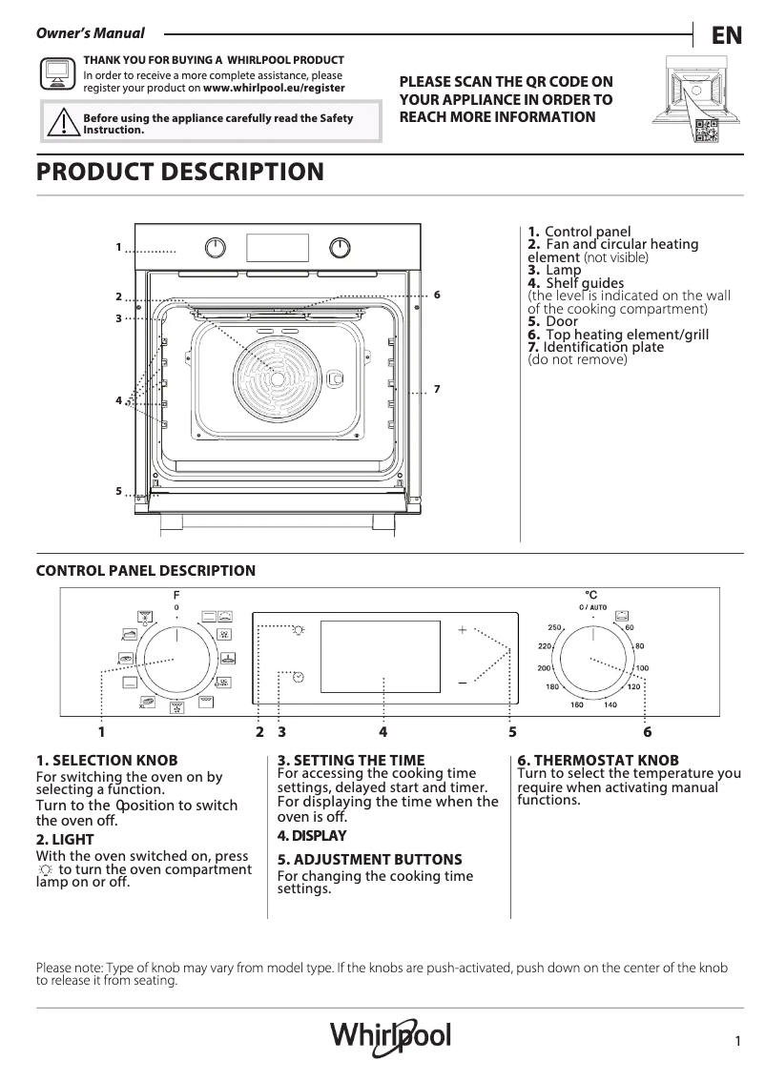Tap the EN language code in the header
(x=726, y=36)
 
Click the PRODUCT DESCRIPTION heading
(x=179, y=173)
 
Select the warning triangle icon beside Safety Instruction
(x=62, y=124)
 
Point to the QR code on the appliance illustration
(x=706, y=133)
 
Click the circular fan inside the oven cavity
(x=277, y=378)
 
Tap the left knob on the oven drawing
(x=217, y=248)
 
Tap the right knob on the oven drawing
(x=340, y=248)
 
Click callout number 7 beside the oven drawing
(x=436, y=389)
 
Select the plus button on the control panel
(x=463, y=630)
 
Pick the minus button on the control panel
(x=463, y=683)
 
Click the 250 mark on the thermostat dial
(x=553, y=627)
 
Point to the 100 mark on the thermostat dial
(x=642, y=668)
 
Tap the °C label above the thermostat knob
(x=591, y=595)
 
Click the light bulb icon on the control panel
(x=300, y=629)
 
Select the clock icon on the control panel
(x=299, y=677)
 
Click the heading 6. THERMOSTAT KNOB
(x=598, y=760)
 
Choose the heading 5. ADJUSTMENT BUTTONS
(x=369, y=859)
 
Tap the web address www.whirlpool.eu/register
(x=274, y=88)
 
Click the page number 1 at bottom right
(x=738, y=1042)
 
